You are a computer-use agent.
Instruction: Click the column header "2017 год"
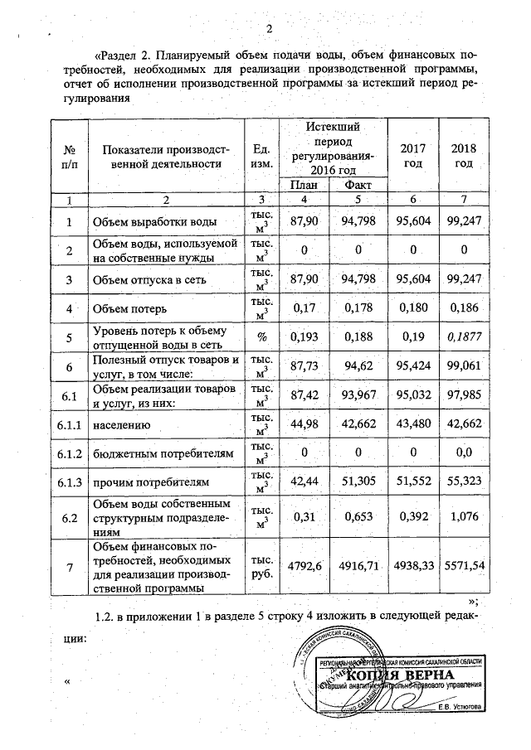[x=413, y=155]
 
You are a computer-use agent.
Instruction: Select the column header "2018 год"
[x=464, y=155]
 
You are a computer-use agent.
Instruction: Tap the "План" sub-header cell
[x=304, y=186]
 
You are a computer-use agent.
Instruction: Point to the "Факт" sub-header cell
[x=358, y=186]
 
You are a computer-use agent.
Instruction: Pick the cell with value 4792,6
[x=304, y=565]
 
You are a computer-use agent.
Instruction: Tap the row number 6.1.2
[x=70, y=452]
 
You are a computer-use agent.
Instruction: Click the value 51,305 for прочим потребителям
[x=359, y=481]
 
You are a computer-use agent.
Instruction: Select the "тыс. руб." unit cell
[x=261, y=565]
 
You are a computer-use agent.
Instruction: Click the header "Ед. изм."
[x=261, y=155]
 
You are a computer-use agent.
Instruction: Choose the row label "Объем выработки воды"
[x=155, y=223]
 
